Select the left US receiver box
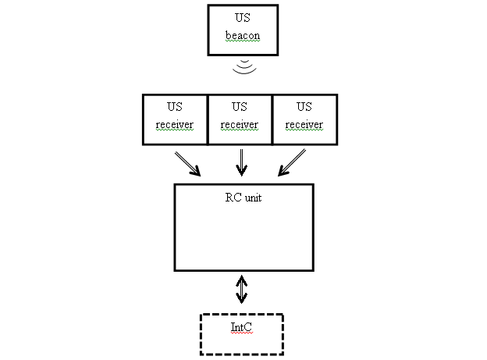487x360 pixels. (174, 119)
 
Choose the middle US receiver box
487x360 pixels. (240, 119)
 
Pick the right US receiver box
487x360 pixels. (304, 119)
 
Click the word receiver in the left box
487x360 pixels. (174, 124)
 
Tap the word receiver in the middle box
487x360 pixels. (240, 124)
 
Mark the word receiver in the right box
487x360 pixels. (304, 124)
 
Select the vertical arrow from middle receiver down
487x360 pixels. (241, 162)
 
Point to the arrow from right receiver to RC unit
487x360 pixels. (293, 162)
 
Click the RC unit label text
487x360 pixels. (243, 198)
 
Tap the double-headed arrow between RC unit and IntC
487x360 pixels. (242, 289)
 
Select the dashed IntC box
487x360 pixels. (241, 333)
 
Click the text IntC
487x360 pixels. (241, 329)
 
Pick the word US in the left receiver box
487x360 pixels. (174, 106)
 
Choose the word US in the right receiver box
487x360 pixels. (304, 106)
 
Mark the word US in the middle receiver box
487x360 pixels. (240, 106)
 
